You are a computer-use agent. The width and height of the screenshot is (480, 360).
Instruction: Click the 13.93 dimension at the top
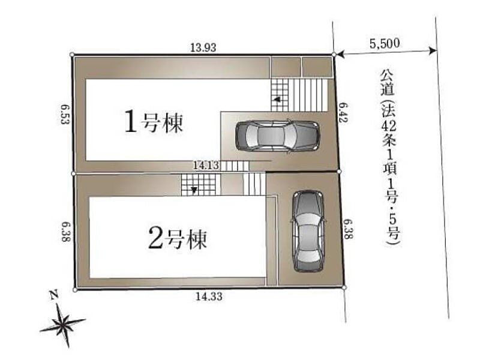click(203, 47)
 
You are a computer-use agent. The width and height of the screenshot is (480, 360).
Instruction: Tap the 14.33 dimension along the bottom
click(209, 296)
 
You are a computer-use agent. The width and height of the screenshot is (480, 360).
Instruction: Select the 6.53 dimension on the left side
click(65, 114)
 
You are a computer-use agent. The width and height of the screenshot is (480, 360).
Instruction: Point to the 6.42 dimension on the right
click(343, 112)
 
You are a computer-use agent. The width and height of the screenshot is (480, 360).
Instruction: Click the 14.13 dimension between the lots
click(206, 166)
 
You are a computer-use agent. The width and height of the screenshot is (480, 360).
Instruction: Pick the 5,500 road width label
click(385, 43)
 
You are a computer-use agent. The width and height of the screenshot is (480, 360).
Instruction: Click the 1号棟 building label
click(154, 122)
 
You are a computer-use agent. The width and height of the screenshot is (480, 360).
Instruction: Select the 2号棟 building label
click(177, 238)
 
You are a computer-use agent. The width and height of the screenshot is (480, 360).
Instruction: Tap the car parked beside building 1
click(277, 136)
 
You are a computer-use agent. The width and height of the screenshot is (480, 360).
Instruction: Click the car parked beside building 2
click(308, 232)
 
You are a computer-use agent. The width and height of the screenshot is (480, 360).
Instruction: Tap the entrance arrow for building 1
click(277, 100)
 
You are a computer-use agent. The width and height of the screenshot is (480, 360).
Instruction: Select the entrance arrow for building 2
click(194, 190)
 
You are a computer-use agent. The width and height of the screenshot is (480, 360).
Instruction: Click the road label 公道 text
click(387, 83)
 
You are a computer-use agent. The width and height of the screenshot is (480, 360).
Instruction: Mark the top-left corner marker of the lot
click(72, 55)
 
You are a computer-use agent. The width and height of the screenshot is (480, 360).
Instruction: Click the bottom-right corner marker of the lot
click(344, 288)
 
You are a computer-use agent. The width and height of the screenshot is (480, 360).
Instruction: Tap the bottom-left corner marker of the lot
click(75, 290)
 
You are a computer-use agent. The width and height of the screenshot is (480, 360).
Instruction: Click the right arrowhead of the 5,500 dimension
click(433, 50)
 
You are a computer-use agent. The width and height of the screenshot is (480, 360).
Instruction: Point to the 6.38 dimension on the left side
click(66, 232)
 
